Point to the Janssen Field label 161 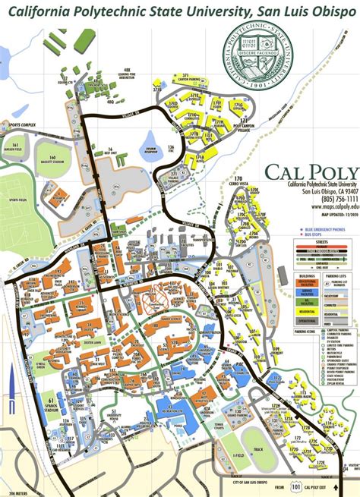pos(14,146)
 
